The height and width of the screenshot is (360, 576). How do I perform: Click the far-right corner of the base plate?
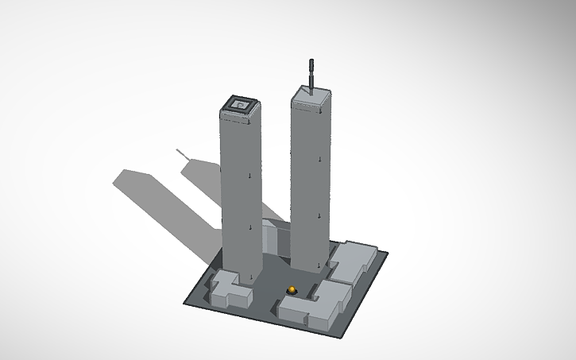click(x=390, y=255)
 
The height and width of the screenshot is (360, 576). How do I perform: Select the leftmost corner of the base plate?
click(x=184, y=302)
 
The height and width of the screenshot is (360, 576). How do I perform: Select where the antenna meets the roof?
click(x=311, y=92)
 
